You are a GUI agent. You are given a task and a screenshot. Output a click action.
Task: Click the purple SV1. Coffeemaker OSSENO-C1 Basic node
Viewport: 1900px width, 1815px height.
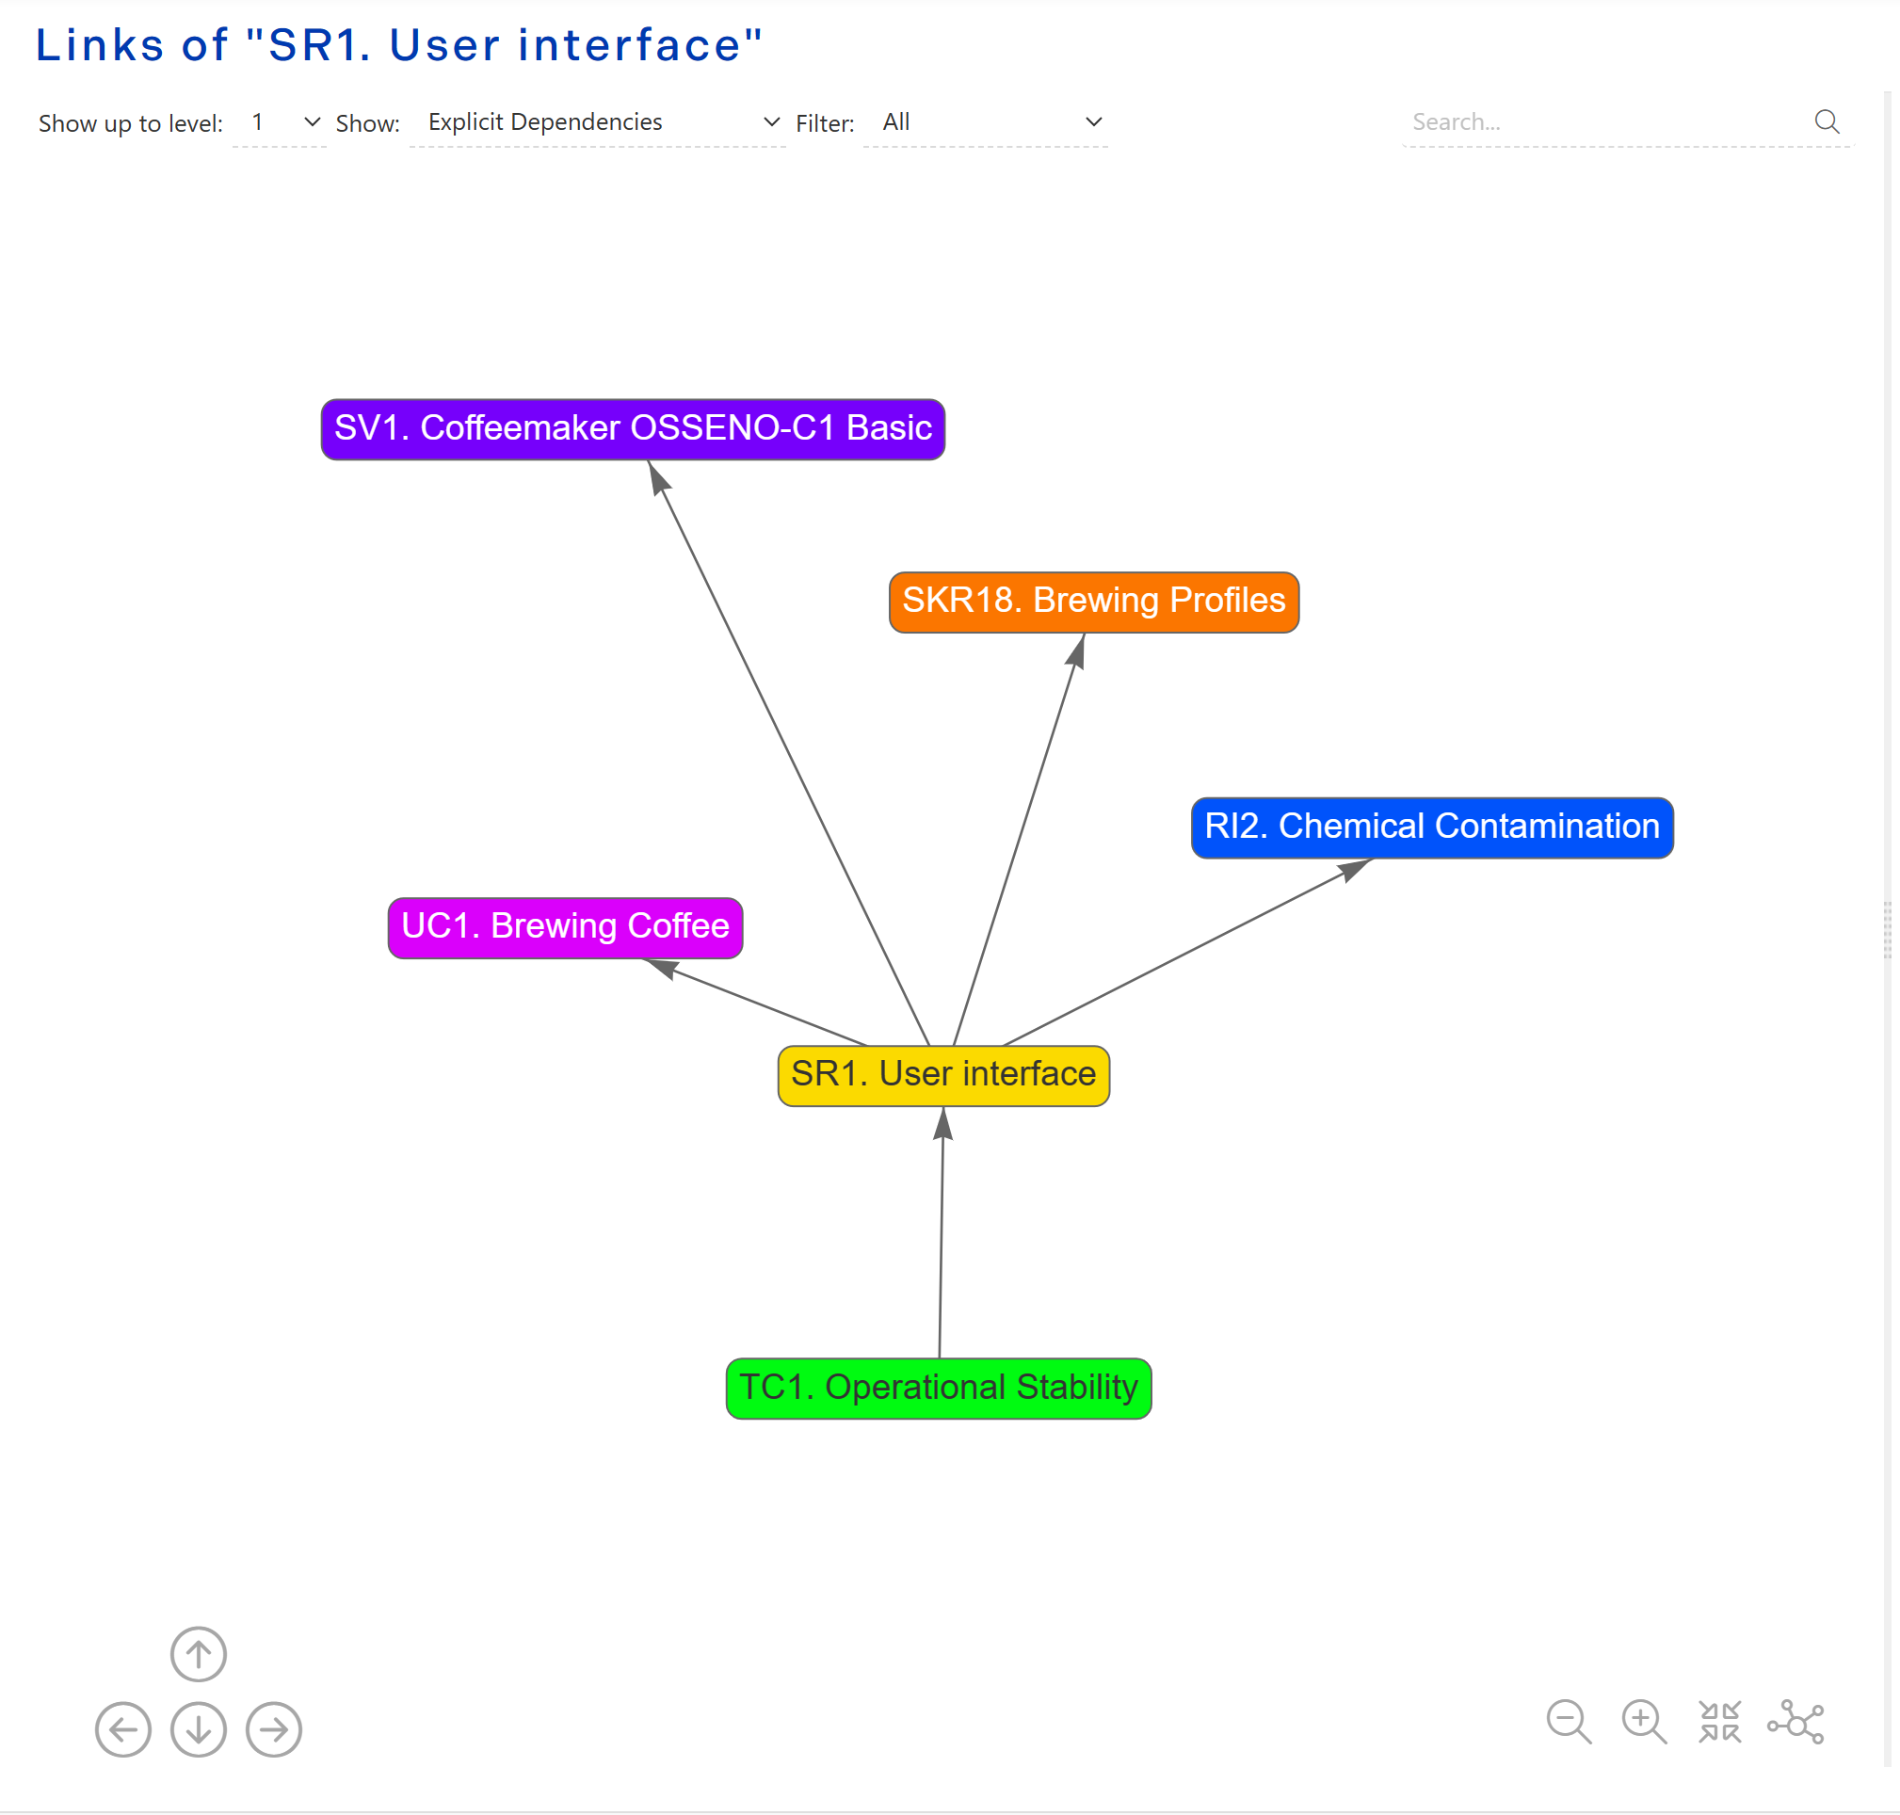click(x=633, y=428)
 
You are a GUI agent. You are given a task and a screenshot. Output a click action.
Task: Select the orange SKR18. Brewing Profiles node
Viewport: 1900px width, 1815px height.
click(x=1093, y=601)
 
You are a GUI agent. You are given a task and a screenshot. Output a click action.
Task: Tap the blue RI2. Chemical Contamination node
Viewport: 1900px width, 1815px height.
click(x=1431, y=827)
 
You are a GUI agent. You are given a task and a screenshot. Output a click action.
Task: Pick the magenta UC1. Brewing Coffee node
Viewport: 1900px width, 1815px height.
click(x=565, y=927)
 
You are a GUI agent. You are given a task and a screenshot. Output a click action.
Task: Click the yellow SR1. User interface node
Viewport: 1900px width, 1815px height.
click(x=943, y=1075)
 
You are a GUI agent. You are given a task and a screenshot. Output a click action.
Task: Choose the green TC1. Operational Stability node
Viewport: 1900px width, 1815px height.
click(x=939, y=1388)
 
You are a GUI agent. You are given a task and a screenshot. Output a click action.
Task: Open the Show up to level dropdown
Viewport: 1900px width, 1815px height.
click(x=280, y=123)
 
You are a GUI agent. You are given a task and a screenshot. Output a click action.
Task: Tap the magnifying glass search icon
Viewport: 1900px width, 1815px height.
click(x=1827, y=121)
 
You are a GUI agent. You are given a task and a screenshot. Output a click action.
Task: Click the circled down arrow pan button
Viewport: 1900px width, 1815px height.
click(x=199, y=1729)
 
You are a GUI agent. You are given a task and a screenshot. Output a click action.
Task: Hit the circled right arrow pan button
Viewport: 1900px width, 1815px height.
click(x=274, y=1729)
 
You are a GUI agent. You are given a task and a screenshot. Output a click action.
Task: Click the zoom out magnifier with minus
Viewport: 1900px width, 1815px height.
click(x=1568, y=1722)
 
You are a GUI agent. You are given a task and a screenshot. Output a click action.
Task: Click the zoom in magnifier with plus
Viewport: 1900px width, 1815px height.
click(x=1643, y=1722)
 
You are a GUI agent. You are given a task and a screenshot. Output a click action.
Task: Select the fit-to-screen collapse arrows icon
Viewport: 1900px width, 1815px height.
click(x=1719, y=1722)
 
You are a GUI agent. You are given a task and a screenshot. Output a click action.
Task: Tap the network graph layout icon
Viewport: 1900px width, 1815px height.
click(x=1795, y=1722)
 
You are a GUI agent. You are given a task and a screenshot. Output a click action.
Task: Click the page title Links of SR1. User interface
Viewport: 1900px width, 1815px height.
click(x=398, y=45)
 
